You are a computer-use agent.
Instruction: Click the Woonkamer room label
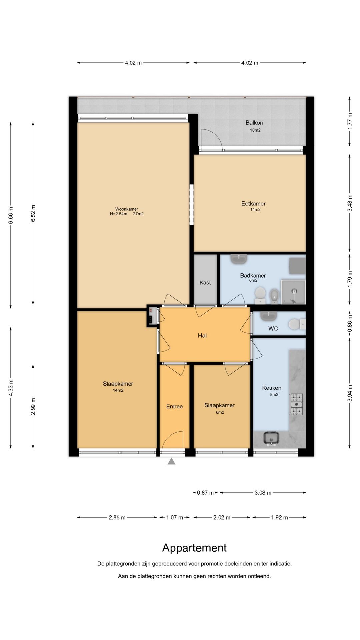(127, 209)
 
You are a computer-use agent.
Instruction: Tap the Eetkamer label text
(253, 203)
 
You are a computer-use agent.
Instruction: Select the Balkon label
(254, 122)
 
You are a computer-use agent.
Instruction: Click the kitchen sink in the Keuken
(271, 438)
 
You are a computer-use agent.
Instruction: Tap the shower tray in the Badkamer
(293, 292)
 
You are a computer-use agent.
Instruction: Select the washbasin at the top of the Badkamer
(239, 259)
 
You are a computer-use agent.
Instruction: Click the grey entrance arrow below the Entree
(171, 461)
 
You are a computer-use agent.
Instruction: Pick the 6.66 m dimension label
(11, 215)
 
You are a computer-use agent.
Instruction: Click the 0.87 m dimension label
(205, 493)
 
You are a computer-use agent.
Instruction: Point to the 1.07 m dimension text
(175, 517)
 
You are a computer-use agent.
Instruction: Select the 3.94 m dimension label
(350, 393)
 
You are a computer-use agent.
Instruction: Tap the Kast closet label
(205, 283)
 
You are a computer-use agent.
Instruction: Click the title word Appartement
(194, 548)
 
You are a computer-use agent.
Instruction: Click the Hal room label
(202, 335)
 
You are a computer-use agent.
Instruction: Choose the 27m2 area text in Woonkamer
(138, 214)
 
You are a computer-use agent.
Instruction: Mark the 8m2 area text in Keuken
(274, 394)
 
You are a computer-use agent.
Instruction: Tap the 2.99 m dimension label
(33, 407)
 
